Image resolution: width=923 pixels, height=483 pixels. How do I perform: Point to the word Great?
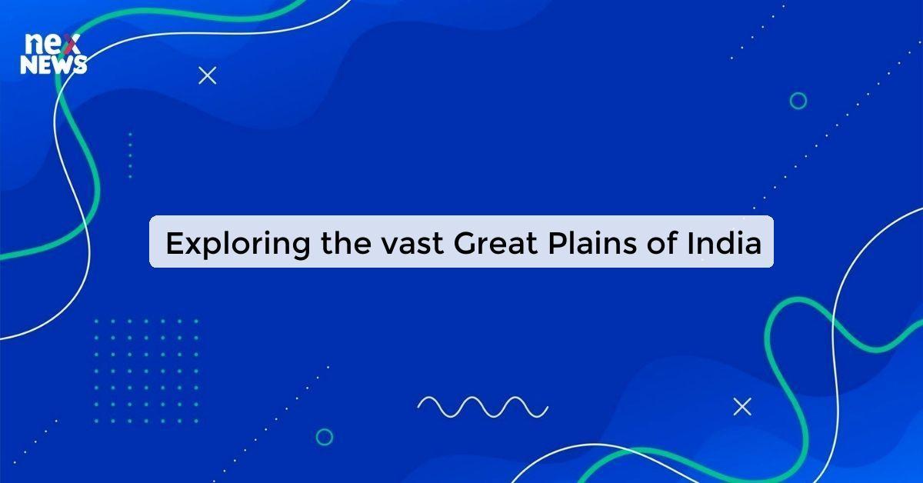[x=495, y=244]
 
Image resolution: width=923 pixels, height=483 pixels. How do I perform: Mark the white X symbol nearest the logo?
[x=208, y=75]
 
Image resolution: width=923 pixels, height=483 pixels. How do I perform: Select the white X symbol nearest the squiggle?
[x=741, y=407]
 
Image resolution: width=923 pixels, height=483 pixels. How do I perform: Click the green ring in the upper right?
[x=798, y=101]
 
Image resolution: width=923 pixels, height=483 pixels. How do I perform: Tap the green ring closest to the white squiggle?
[x=325, y=437]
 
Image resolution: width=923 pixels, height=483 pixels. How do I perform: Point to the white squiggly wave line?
[x=482, y=406]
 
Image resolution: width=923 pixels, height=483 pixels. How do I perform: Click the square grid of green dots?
[x=145, y=371]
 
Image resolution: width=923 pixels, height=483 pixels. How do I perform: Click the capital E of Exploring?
[x=175, y=244]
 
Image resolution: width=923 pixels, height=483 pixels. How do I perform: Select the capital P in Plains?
[x=557, y=244]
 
